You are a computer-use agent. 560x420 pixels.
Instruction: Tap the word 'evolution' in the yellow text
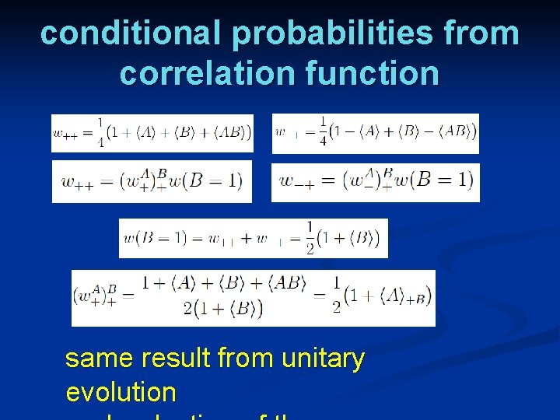pos(121,391)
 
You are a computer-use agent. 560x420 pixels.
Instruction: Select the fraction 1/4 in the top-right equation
pos(322,133)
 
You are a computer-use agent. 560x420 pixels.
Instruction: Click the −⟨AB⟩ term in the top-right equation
pos(451,131)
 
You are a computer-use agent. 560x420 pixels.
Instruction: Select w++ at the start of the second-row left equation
pos(79,183)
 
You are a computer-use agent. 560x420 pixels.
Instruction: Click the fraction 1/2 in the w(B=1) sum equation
pos(310,238)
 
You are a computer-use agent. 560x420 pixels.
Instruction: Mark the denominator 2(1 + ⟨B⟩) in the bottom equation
pos(223,308)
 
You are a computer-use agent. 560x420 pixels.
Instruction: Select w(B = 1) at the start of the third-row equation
pos(153,238)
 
